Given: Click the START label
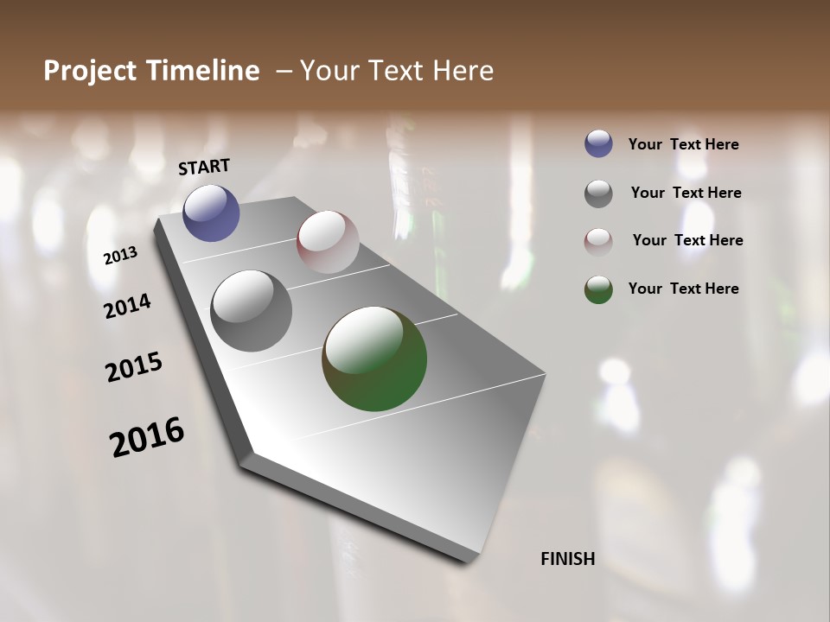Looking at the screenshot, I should point(204,166).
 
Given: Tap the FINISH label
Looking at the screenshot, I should point(567,559).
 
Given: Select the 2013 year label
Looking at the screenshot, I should point(121,256).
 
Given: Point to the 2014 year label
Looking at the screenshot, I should point(128,306).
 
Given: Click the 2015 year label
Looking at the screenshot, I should point(134,367).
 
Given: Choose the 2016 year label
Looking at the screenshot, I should point(147,437).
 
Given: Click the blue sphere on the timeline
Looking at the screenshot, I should point(211,213).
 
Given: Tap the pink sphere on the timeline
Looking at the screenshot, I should point(328,242).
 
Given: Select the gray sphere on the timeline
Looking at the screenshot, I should point(252,311).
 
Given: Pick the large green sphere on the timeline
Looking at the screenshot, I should point(374,359).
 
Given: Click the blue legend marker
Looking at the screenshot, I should point(598,144).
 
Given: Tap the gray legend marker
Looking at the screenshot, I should point(598,194).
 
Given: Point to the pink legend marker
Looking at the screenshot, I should point(598,241).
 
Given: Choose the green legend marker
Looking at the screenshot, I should point(598,289).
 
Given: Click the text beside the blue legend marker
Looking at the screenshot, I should point(683,145).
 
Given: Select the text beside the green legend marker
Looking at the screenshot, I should point(683,289).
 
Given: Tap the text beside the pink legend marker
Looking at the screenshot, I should point(687,240).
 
